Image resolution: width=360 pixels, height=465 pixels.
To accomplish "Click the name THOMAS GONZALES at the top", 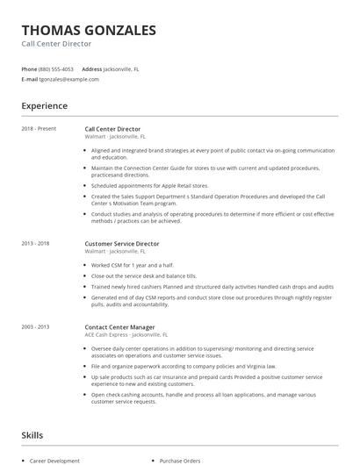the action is click(89, 30).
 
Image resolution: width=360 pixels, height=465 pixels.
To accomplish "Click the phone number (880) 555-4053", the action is click(56, 68).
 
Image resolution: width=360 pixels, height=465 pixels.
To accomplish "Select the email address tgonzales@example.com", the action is click(68, 79).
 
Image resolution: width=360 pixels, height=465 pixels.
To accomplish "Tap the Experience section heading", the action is click(44, 106).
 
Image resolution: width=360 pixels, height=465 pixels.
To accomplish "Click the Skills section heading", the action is click(33, 435).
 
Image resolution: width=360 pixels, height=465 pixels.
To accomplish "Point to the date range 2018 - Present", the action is click(39, 129).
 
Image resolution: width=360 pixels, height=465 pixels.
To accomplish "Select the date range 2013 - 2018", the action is click(37, 243).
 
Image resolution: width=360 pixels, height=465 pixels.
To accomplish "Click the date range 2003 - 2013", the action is click(37, 327).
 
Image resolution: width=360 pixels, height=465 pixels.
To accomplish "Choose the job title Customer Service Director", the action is click(122, 243).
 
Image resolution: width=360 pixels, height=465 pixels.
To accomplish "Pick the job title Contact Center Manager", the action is click(120, 327).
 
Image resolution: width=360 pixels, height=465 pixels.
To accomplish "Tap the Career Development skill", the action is click(54, 460).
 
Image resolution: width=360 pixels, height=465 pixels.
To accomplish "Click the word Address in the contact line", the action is click(91, 68).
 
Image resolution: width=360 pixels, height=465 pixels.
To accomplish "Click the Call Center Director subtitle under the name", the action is click(56, 43).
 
